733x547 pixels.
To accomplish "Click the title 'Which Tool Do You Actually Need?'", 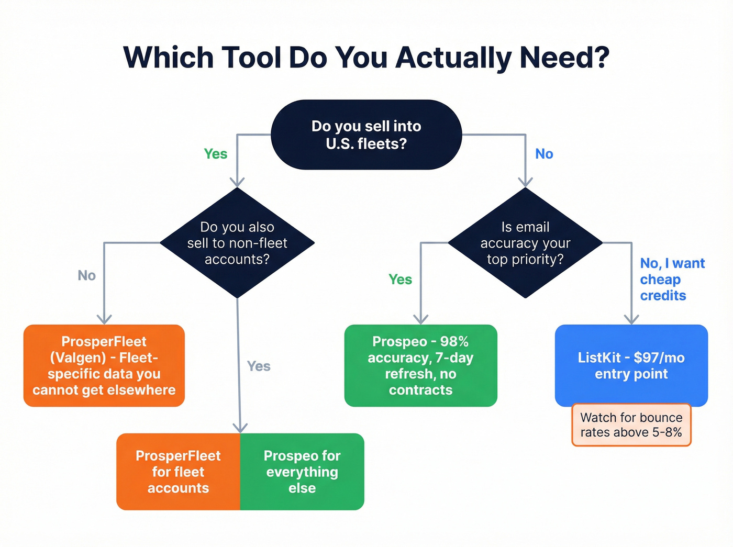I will click(x=366, y=57).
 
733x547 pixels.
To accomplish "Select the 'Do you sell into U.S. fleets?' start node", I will click(x=366, y=135).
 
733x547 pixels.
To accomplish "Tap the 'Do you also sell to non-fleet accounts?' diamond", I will click(x=237, y=243).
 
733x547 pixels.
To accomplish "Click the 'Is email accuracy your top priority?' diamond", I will click(x=525, y=243).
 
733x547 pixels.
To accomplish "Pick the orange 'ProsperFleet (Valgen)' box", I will click(x=104, y=365).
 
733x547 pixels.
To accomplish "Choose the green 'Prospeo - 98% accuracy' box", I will click(x=420, y=365).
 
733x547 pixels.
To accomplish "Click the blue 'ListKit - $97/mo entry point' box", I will click(x=631, y=365).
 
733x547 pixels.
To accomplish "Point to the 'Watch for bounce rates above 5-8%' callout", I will click(x=631, y=425).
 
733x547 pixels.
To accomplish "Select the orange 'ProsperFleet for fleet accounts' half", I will click(x=178, y=472).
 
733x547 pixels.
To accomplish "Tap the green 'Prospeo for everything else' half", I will click(x=302, y=472).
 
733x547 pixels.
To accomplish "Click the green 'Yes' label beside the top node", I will click(x=215, y=154).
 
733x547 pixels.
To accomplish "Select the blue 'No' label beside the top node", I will click(x=544, y=154).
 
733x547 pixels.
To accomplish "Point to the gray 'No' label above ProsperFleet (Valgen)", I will click(x=86, y=275).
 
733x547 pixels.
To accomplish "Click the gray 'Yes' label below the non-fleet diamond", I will click(x=259, y=366).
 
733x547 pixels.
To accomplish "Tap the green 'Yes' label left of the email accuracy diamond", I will click(x=400, y=280).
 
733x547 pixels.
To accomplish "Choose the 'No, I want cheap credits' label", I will click(x=672, y=280).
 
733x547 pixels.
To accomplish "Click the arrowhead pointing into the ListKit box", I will click(x=631, y=320).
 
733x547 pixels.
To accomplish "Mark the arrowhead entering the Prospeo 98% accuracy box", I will click(x=421, y=320).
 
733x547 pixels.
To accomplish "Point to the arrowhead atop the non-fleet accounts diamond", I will click(x=237, y=182).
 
